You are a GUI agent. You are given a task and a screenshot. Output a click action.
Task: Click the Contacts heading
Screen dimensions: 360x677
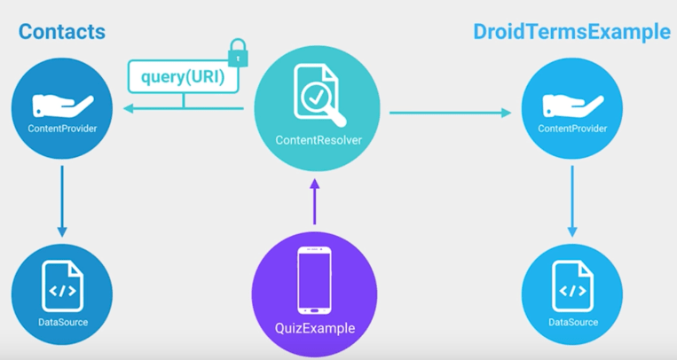coord(61,32)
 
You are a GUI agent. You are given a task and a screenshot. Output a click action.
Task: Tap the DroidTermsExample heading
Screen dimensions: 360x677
coord(571,32)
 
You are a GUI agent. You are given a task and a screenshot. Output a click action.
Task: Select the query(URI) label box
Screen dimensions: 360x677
coord(184,77)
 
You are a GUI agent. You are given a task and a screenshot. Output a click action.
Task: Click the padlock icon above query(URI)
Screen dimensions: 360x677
coord(237,53)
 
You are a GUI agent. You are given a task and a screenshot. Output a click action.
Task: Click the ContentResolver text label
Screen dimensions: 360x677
coord(318,140)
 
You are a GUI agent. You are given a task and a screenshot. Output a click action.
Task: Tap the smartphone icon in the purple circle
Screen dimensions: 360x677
coord(314,280)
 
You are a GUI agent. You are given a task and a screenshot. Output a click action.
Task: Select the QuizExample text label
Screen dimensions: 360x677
coord(314,328)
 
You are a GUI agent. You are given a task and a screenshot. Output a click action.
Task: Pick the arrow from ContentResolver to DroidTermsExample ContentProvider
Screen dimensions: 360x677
coord(450,113)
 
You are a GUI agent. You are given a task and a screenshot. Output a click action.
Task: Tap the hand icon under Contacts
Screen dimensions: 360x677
coord(61,105)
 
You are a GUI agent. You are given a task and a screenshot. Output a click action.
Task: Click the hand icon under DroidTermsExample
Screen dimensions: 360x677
coord(572,105)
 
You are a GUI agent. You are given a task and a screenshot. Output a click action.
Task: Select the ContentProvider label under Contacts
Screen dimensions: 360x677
coord(62,129)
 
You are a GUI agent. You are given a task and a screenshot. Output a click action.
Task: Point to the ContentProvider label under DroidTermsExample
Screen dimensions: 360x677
coord(572,129)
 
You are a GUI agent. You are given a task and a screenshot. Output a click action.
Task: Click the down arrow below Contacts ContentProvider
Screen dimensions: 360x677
coord(62,200)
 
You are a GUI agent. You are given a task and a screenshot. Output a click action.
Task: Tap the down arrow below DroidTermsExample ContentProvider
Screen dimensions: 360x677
coord(572,200)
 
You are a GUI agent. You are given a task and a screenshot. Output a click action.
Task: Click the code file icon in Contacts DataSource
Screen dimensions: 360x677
coord(62,286)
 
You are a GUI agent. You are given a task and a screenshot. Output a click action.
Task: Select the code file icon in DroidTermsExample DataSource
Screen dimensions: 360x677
coord(572,286)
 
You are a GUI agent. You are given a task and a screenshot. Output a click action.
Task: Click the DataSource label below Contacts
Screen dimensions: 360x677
coord(62,322)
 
